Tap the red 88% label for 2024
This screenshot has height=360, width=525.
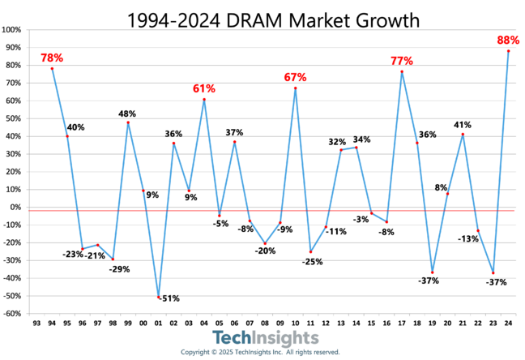point(507,41)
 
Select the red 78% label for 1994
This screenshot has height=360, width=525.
point(52,58)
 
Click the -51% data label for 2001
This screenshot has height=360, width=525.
point(169,298)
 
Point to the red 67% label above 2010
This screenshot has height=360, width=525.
point(295,77)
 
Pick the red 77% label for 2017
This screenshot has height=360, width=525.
point(401,61)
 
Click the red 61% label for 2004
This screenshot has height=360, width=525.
point(203,88)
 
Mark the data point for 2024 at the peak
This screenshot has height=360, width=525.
point(508,51)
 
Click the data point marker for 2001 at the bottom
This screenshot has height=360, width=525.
point(159,298)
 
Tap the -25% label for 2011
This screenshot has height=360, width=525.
point(312,262)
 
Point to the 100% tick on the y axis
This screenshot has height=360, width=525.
point(11,30)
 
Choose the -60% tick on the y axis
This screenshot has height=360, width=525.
point(11,314)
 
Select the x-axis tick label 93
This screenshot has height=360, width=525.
point(36,323)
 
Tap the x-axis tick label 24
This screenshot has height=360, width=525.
point(508,323)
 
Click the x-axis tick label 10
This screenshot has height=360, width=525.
point(296,323)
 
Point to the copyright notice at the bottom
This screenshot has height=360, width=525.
point(260,353)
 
